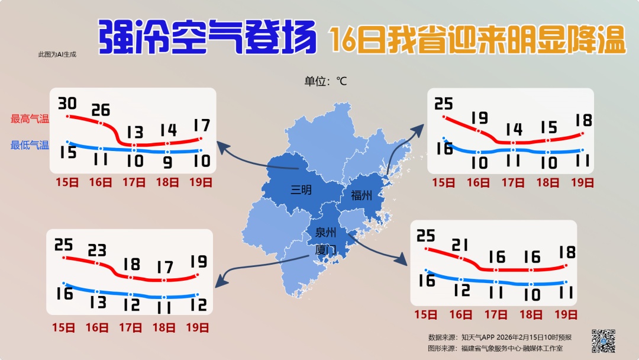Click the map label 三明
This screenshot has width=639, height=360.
click(x=301, y=190)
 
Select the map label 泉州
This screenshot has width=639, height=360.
click(x=325, y=232)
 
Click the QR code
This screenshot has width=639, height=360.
click(x=603, y=340)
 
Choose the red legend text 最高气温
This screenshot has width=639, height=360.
click(x=30, y=119)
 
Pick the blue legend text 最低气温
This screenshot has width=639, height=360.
click(x=30, y=145)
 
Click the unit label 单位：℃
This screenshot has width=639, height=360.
click(x=325, y=81)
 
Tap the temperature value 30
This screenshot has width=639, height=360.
click(x=67, y=104)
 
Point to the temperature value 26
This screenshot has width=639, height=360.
click(x=101, y=110)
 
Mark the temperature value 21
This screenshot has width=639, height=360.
click(x=460, y=245)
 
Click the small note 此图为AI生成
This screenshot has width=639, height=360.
click(x=57, y=54)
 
